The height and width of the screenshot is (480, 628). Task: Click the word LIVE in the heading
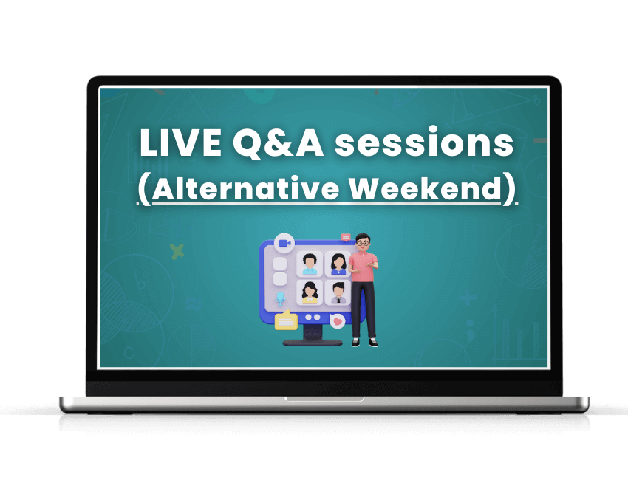(x=180, y=143)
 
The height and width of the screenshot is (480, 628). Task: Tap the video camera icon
(x=283, y=242)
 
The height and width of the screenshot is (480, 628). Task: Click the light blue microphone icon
(x=280, y=298)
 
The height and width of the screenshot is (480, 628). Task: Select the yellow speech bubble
(x=285, y=321)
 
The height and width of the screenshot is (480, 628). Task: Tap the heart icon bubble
(x=338, y=321)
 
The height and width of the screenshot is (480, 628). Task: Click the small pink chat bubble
(x=345, y=237)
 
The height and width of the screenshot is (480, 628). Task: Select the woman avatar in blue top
(x=338, y=264)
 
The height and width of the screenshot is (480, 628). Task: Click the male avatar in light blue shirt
(x=310, y=264)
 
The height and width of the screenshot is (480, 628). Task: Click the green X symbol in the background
(x=177, y=252)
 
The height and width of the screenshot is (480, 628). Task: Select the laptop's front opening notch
(x=324, y=399)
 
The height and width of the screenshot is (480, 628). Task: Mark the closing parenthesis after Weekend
(x=510, y=190)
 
